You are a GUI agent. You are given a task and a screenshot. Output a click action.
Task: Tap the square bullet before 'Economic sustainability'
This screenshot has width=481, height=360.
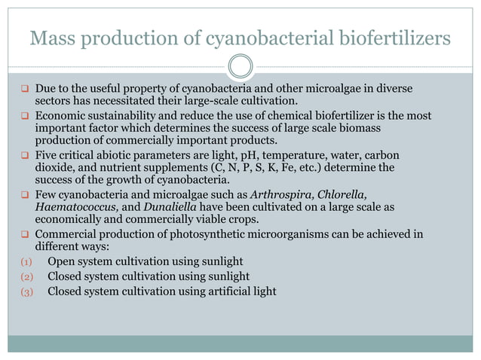pos(24,116)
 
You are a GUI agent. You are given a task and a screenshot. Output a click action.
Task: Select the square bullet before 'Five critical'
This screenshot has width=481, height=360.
pos(24,155)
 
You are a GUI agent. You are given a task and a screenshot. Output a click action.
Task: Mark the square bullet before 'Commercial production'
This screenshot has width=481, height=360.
pos(24,234)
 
